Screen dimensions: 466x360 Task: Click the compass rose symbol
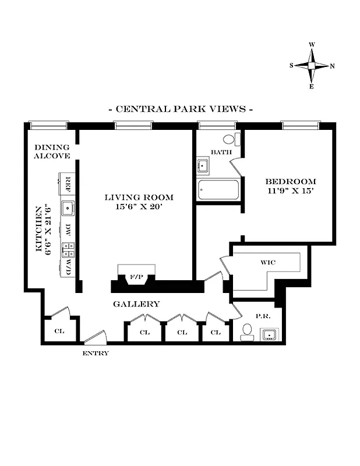pos(312,65)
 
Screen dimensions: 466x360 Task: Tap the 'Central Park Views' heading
pos(180,109)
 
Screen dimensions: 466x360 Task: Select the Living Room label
pos(139,197)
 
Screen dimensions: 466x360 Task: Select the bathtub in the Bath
pos(218,190)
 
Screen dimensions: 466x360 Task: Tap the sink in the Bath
pos(203,165)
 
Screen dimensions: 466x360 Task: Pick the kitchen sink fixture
pos(68,206)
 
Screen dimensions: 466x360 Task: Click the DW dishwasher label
pos(68,229)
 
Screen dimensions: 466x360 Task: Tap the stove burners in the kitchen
pos(68,250)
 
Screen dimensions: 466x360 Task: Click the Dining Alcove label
pos(52,151)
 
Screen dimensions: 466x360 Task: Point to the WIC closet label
pos(268,262)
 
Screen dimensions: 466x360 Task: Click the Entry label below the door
pos(96,353)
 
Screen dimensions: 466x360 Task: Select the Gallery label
pos(136,304)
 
